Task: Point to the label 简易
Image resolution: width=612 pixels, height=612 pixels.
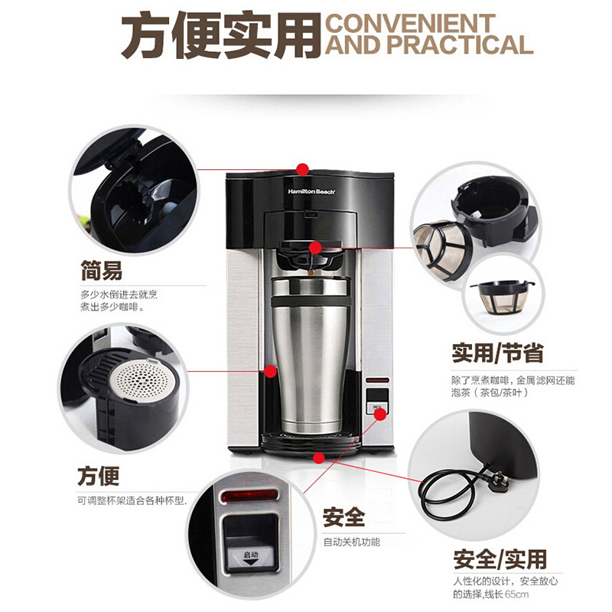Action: coord(101,270)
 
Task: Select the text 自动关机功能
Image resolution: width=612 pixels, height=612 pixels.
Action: coord(351,542)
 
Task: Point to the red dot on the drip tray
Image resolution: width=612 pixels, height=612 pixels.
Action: coord(319,457)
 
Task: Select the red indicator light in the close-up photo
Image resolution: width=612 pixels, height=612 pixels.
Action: coord(249,499)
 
